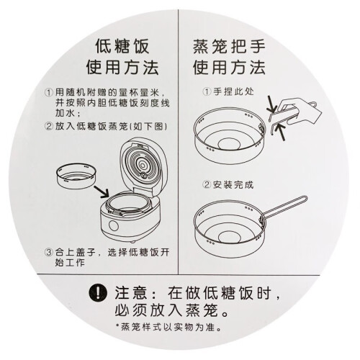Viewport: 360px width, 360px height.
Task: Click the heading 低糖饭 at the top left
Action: [x=122, y=46]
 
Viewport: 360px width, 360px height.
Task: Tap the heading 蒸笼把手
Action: [x=229, y=46]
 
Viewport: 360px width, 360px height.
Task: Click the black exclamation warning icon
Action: [x=98, y=293]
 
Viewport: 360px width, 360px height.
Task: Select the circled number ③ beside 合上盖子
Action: [x=49, y=253]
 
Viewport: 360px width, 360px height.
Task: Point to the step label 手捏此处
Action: [x=233, y=91]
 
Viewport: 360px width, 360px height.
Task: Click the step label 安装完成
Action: [x=233, y=185]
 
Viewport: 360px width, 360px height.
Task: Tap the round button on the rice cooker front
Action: [x=113, y=225]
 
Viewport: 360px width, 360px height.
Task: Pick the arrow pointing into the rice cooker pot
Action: [x=102, y=192]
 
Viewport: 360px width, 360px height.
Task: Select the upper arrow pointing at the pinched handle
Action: [x=272, y=104]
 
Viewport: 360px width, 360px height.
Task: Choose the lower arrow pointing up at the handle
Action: [x=279, y=132]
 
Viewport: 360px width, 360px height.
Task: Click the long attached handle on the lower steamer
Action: [x=284, y=207]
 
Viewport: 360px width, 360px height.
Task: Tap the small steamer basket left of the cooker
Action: [x=76, y=176]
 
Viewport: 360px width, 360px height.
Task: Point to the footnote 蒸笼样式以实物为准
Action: [x=171, y=327]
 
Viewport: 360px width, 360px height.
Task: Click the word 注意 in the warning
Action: [x=131, y=293]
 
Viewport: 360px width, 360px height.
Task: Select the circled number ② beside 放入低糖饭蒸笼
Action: [x=49, y=126]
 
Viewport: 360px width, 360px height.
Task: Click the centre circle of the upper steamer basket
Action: [x=229, y=145]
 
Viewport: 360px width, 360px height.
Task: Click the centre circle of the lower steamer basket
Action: [x=229, y=237]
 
